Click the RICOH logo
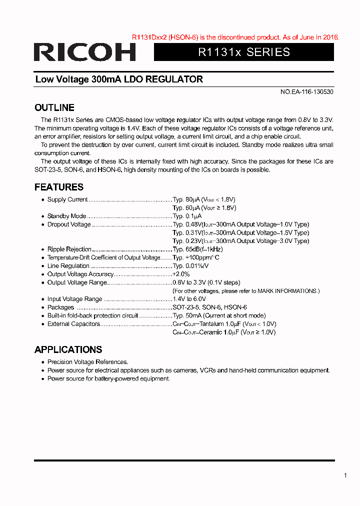(x=85, y=52)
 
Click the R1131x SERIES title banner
(x=244, y=52)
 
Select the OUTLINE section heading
(x=54, y=107)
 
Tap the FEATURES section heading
(x=59, y=187)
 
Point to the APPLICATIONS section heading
(x=68, y=349)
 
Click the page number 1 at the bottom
(x=345, y=475)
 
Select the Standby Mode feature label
(x=66, y=216)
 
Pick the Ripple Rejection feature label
(x=69, y=249)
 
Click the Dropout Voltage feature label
(x=69, y=224)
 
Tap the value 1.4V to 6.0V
(x=189, y=299)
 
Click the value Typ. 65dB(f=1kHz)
(x=198, y=249)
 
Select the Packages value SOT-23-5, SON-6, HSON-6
(x=210, y=307)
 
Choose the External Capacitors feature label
(x=73, y=324)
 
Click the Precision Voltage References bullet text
(x=87, y=362)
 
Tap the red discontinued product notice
(x=235, y=37)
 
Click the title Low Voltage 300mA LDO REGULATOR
(x=119, y=79)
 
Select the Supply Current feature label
(x=67, y=199)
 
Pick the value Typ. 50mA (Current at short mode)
(x=219, y=315)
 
